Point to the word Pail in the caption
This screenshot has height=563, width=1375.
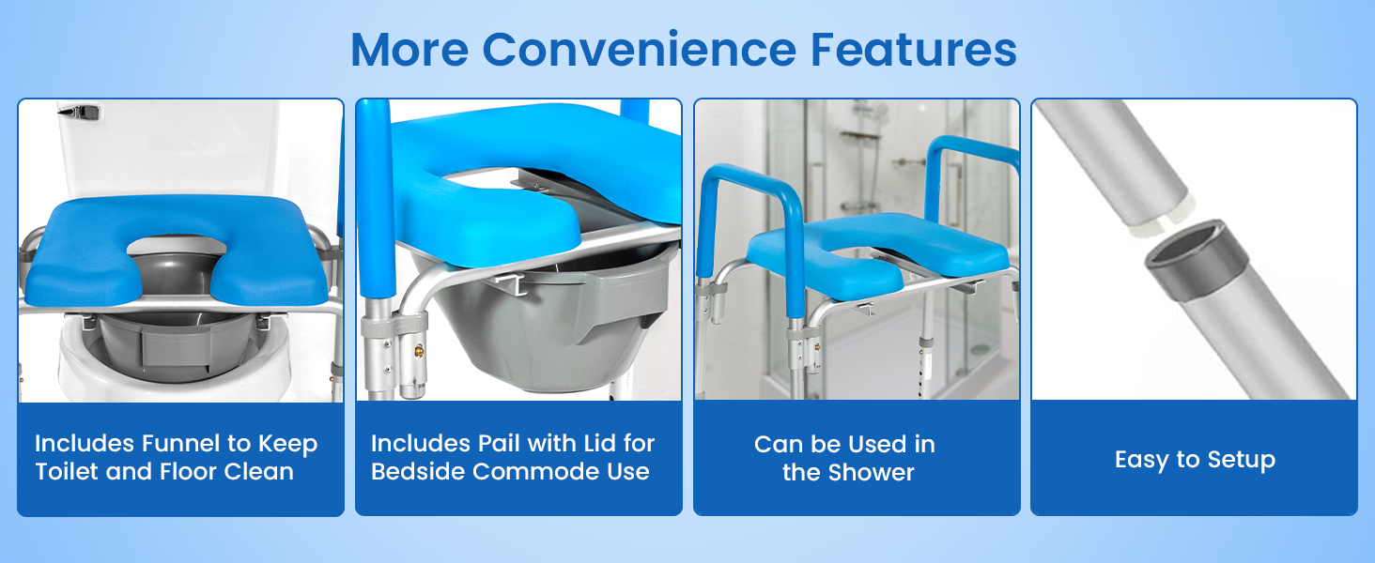(509, 444)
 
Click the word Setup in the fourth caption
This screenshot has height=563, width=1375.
(1231, 460)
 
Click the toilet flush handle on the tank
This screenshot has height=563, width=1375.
(80, 112)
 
